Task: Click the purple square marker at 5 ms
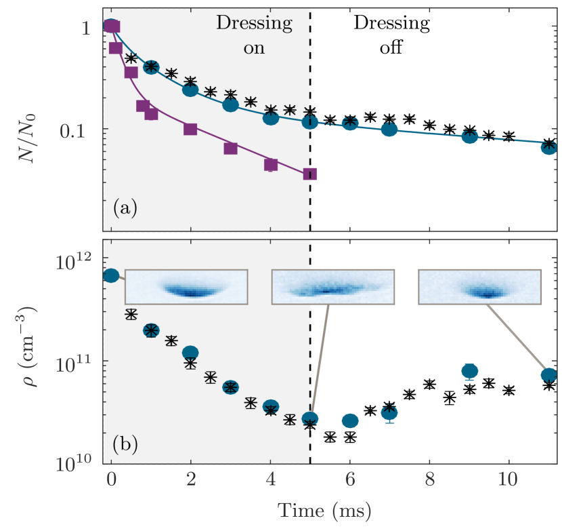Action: (310, 174)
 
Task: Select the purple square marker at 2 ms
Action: (191, 129)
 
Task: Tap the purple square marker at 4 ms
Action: (271, 165)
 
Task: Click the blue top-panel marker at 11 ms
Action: (548, 146)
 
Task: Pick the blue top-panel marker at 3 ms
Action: (231, 105)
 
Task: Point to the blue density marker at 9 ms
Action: (469, 370)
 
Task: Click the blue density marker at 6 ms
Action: (350, 421)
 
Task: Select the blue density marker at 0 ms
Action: (111, 275)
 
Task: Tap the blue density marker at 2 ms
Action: (190, 352)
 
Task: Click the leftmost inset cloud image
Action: (186, 287)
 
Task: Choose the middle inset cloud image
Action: (332, 287)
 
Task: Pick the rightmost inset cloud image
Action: (479, 287)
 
